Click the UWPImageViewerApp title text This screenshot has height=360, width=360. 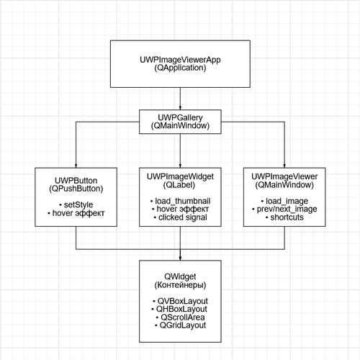click(x=180, y=60)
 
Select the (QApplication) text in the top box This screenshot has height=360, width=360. click(x=180, y=68)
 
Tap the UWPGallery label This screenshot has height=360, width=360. click(x=180, y=117)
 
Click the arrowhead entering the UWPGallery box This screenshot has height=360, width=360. click(x=180, y=108)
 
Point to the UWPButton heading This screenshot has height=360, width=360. click(x=76, y=181)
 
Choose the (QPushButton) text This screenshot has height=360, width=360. click(x=76, y=189)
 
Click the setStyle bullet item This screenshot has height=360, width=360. click(x=76, y=204)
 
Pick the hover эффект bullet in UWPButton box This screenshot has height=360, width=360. click(x=76, y=213)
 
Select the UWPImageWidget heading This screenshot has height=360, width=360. click(x=180, y=176)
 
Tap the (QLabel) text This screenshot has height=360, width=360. click(x=179, y=185)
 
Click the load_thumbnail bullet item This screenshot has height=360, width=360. click(x=180, y=201)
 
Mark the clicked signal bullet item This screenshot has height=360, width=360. click(x=180, y=217)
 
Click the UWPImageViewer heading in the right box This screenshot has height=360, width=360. click(x=284, y=176)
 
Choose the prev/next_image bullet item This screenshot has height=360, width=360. click(x=284, y=209)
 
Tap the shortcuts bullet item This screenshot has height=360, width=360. click(x=284, y=217)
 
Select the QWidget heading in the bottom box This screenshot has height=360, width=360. click(x=180, y=276)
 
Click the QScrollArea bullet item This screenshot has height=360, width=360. click(x=180, y=317)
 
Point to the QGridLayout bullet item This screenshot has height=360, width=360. click(x=180, y=325)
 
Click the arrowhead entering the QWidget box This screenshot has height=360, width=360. click(x=180, y=258)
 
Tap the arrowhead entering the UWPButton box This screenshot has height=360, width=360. click(x=76, y=166)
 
